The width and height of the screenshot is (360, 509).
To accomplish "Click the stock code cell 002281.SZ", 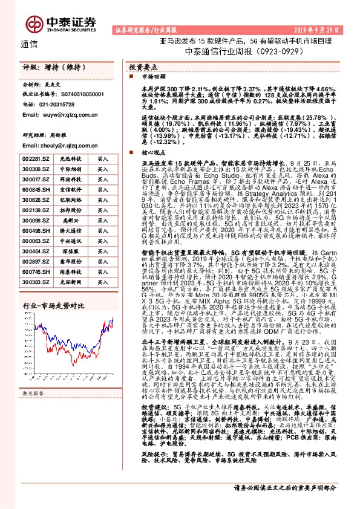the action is point(36,158).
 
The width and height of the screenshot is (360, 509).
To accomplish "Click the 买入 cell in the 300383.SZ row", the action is point(103,282).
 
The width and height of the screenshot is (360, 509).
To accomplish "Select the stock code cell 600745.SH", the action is point(36,272).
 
